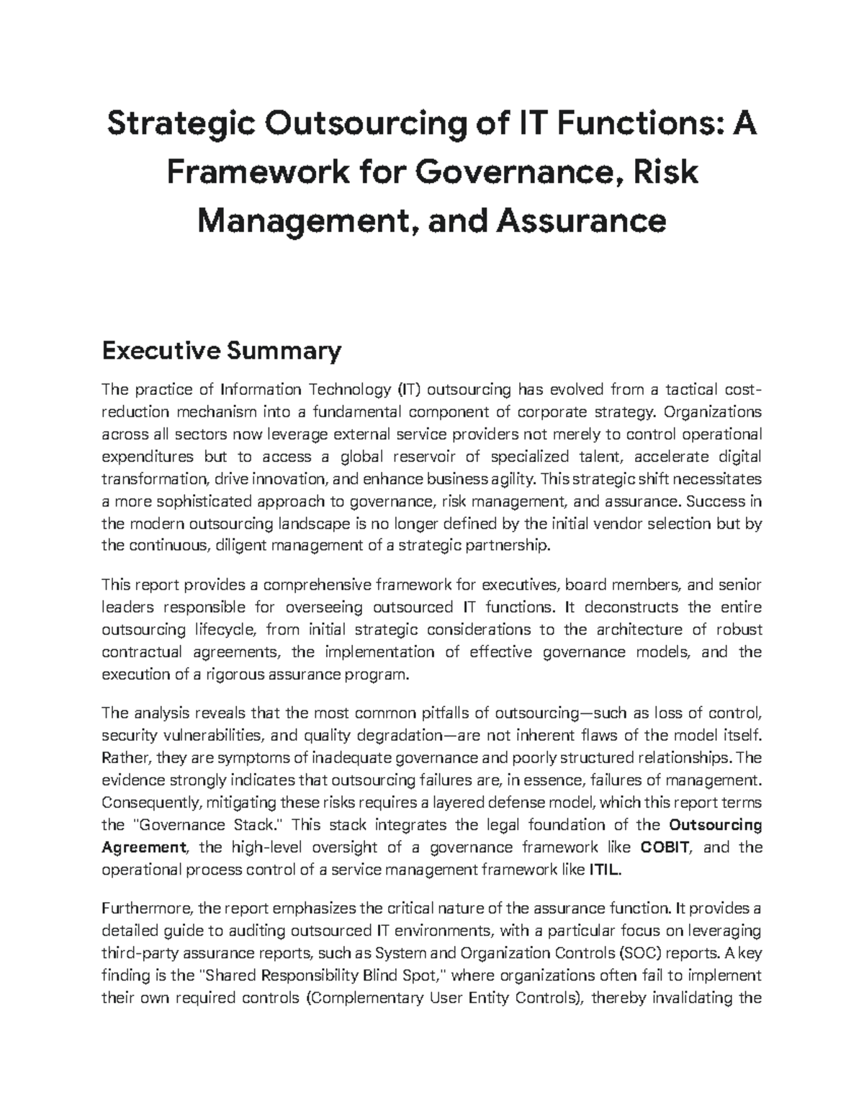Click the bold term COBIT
[x=666, y=847]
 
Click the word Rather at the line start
[x=123, y=758]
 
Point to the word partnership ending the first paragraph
[x=510, y=546]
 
